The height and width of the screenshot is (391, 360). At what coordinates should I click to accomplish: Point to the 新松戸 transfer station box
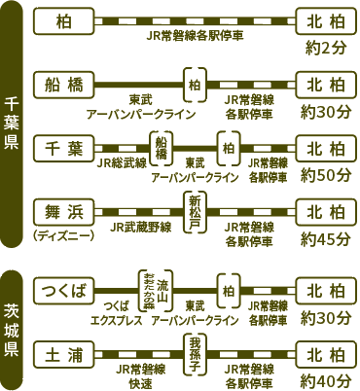(198, 211)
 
